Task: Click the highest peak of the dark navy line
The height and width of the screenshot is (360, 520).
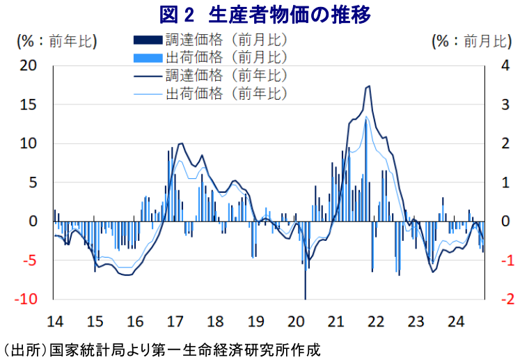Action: (x=368, y=86)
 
